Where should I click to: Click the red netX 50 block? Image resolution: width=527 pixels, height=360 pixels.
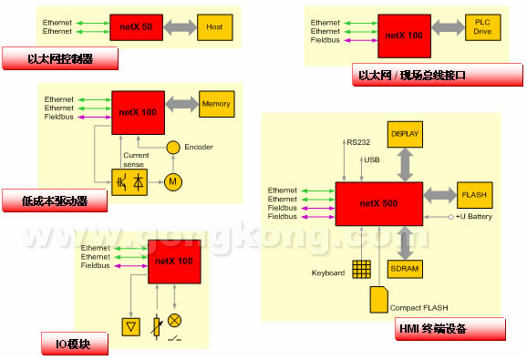click(136, 27)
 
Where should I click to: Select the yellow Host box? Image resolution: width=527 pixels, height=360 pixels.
click(215, 27)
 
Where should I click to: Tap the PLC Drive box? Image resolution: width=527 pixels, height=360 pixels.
click(482, 27)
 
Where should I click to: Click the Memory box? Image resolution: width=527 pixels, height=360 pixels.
click(216, 104)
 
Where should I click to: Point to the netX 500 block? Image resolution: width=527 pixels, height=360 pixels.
click(378, 204)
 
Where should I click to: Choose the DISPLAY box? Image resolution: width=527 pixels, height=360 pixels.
click(405, 134)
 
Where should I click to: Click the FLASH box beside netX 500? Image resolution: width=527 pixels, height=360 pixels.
click(474, 195)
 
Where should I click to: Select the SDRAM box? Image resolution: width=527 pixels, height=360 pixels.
click(405, 269)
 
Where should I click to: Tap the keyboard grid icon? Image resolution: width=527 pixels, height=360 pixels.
click(361, 269)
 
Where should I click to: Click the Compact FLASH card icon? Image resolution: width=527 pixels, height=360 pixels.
click(378, 300)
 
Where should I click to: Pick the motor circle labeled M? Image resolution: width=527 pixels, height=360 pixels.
click(172, 182)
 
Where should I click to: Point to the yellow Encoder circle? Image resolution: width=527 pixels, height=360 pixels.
click(173, 147)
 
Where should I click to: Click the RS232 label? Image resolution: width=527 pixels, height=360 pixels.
click(358, 142)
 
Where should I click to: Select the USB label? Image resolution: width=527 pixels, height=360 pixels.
click(372, 159)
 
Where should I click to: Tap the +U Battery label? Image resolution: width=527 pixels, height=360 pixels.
click(474, 217)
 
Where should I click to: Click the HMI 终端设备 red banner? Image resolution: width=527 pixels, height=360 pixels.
click(450, 329)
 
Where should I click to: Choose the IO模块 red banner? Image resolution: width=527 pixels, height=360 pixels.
click(75, 344)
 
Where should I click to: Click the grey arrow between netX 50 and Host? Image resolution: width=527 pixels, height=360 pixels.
click(181, 27)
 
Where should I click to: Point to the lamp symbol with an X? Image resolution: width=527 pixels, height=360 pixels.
click(174, 321)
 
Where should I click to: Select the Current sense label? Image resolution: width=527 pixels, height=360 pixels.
click(136, 159)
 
